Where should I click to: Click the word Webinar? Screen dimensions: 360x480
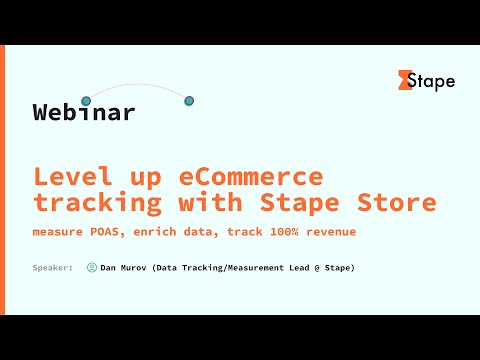[x=83, y=113]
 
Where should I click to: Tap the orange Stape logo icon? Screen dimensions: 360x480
[x=405, y=80]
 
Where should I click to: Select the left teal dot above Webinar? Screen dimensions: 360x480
[x=86, y=101]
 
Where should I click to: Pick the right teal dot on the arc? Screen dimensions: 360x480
[x=189, y=101]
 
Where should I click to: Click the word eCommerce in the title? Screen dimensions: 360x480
[x=251, y=177]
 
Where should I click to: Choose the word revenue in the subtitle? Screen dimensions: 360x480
[x=331, y=232]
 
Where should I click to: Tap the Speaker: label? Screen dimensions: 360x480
[x=52, y=268]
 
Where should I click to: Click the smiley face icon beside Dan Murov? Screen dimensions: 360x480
[x=92, y=268]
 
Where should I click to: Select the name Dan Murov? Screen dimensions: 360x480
[x=123, y=268]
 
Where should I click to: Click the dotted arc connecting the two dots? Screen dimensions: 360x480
[x=137, y=85]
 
